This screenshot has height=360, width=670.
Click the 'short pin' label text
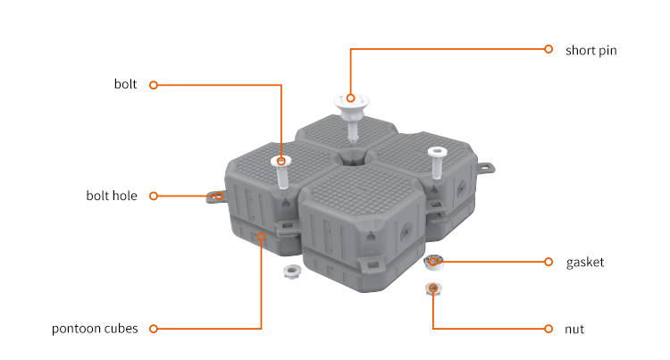(x=591, y=50)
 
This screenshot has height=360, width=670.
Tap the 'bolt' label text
(x=125, y=84)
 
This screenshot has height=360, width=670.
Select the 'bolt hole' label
(x=112, y=196)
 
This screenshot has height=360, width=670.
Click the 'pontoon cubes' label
(x=95, y=329)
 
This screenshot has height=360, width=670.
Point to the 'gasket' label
(x=585, y=263)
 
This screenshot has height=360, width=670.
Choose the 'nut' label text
(x=574, y=330)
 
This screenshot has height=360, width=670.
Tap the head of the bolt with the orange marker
(x=281, y=161)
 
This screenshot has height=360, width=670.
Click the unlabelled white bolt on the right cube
(x=437, y=163)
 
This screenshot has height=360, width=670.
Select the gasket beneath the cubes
(x=433, y=262)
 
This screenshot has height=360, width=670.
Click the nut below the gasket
(x=433, y=289)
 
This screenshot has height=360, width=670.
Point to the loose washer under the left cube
(x=292, y=271)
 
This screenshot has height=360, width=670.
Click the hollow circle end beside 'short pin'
(x=549, y=49)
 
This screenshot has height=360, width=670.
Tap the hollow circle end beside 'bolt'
(x=154, y=85)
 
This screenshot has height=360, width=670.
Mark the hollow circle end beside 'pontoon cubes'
(x=154, y=329)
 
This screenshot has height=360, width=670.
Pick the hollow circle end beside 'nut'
(x=549, y=329)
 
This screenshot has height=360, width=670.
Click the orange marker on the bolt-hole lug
(x=219, y=196)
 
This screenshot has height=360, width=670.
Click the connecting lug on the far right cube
(x=486, y=168)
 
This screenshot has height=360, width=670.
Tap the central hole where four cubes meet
(x=352, y=160)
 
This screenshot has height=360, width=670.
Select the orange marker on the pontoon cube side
(x=262, y=236)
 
